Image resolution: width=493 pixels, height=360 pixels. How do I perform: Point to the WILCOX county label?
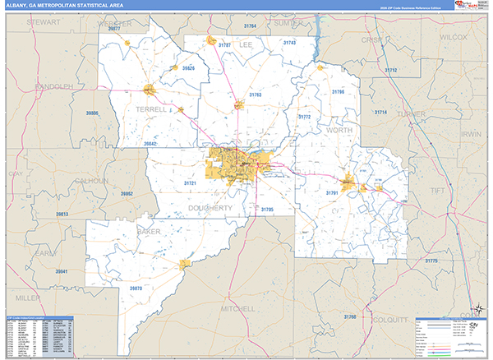pyautogui.click(x=453, y=37)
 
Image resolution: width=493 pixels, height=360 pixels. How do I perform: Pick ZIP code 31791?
pyautogui.click(x=332, y=192)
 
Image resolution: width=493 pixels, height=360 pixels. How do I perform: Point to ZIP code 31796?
pyautogui.click(x=338, y=91)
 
